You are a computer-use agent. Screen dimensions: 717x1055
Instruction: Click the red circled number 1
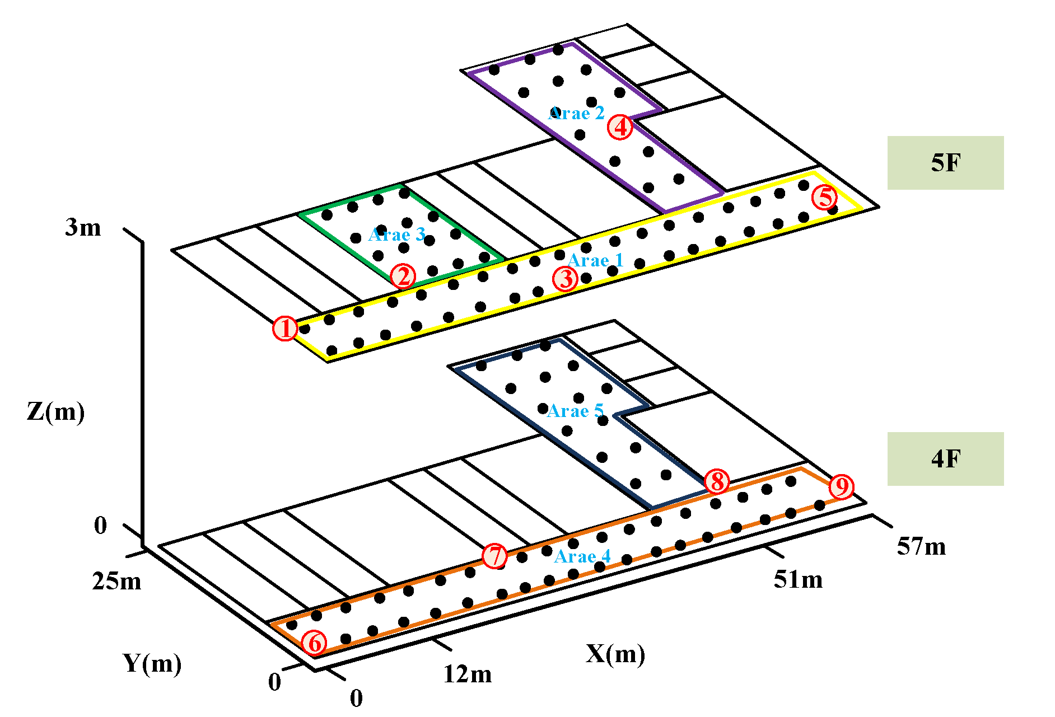click(x=285, y=329)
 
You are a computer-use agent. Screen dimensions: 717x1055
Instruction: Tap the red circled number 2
click(x=403, y=276)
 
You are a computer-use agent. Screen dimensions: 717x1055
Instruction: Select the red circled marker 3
click(x=566, y=279)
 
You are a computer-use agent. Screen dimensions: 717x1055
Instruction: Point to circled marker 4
click(x=620, y=127)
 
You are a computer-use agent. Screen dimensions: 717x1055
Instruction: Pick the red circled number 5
click(x=825, y=198)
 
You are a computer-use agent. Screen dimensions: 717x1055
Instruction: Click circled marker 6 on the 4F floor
click(x=315, y=643)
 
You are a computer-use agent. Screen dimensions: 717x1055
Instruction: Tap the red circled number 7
click(x=495, y=556)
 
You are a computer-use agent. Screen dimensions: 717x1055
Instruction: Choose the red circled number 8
click(x=717, y=481)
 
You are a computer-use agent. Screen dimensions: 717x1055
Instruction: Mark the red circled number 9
click(x=841, y=486)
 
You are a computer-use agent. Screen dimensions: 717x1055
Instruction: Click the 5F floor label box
click(x=945, y=163)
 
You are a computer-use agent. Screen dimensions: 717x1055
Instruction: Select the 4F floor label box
click(x=945, y=459)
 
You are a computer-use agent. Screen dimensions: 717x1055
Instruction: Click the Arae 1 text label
click(x=595, y=261)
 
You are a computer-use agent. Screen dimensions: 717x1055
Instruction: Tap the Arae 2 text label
click(x=577, y=114)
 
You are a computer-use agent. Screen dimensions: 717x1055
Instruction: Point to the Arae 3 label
click(x=397, y=235)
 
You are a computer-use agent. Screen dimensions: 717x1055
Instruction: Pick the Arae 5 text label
click(x=575, y=411)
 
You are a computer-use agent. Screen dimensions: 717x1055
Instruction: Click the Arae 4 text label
click(x=582, y=557)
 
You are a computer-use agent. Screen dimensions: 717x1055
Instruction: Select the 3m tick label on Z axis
click(x=83, y=228)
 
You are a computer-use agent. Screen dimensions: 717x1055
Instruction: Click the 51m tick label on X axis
click(x=798, y=580)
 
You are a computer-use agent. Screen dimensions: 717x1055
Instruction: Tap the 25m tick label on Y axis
click(x=116, y=582)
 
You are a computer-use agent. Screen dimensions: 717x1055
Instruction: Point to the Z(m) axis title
click(x=55, y=412)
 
